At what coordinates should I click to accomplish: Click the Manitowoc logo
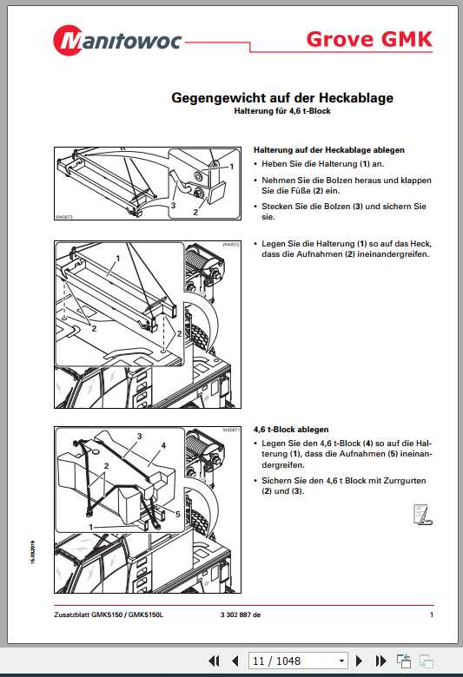112,39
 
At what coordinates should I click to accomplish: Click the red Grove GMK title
369,39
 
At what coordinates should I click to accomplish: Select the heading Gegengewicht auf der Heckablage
281,98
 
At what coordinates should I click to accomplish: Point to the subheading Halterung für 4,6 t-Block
282,111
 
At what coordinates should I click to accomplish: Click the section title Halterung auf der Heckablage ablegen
328,149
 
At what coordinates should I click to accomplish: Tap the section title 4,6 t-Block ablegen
290,430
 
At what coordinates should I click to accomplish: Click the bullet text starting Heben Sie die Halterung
323,164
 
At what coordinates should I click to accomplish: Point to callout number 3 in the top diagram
174,206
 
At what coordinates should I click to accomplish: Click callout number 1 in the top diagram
232,165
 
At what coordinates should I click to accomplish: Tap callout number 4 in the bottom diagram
162,446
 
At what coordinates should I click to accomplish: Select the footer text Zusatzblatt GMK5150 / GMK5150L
108,615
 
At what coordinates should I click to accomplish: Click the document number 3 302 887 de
235,615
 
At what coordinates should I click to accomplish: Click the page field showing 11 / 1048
298,661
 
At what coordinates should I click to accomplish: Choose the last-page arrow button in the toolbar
382,661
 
